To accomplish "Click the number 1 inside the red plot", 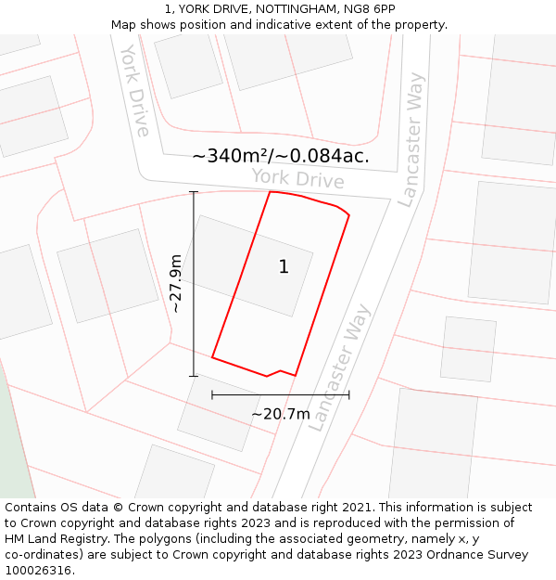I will pos(284,267).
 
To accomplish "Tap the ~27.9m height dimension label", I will pos(175,284).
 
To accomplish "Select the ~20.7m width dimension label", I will pos(281,414).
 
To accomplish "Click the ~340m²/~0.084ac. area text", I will pos(281,156).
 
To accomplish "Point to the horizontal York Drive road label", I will pos(297,179).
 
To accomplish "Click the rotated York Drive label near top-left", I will pos(134,90).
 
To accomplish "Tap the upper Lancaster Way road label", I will pos(410,139).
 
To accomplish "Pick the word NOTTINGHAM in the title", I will pos(298,8).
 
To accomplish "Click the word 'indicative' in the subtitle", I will pos(317,24).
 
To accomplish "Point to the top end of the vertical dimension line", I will pos(194,192).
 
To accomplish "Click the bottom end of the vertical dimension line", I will pos(194,376).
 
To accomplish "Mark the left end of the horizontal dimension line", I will pos(212,394).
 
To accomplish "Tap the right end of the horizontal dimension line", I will pos(349,394).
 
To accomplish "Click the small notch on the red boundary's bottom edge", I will pos(278,372).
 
